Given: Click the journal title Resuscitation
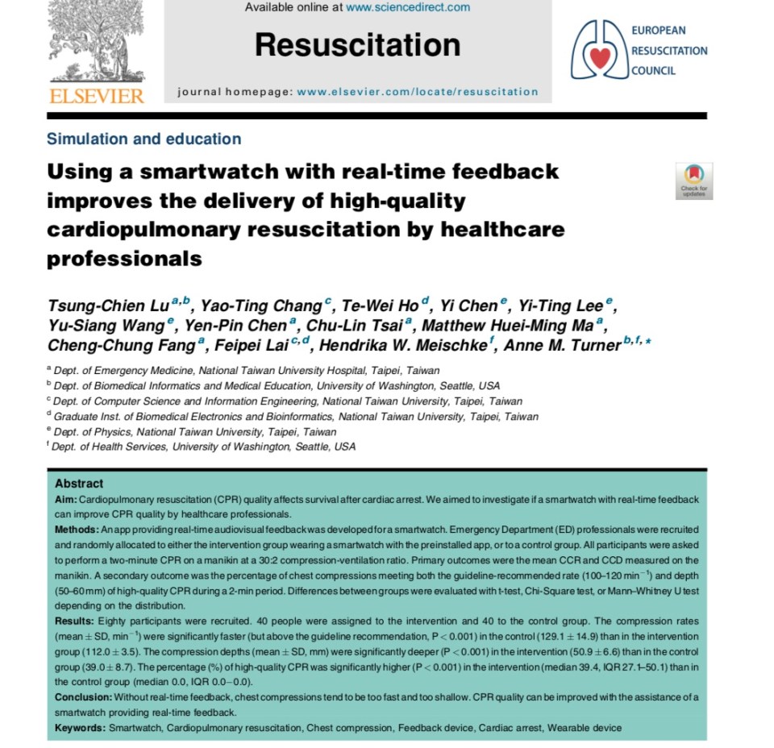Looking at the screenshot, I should point(357,45).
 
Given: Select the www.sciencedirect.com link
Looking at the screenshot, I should point(408,7).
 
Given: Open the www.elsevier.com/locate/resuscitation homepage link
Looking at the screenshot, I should point(417,92).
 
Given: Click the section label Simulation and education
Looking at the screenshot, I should point(144,139).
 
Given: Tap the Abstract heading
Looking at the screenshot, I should point(79,484).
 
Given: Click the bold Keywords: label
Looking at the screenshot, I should point(80,728).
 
